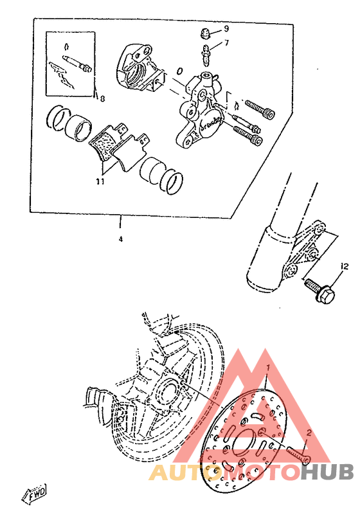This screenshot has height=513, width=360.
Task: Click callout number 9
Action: click(226, 30)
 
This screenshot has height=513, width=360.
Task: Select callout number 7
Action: click(226, 44)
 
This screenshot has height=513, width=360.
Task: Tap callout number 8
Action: click(101, 98)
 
